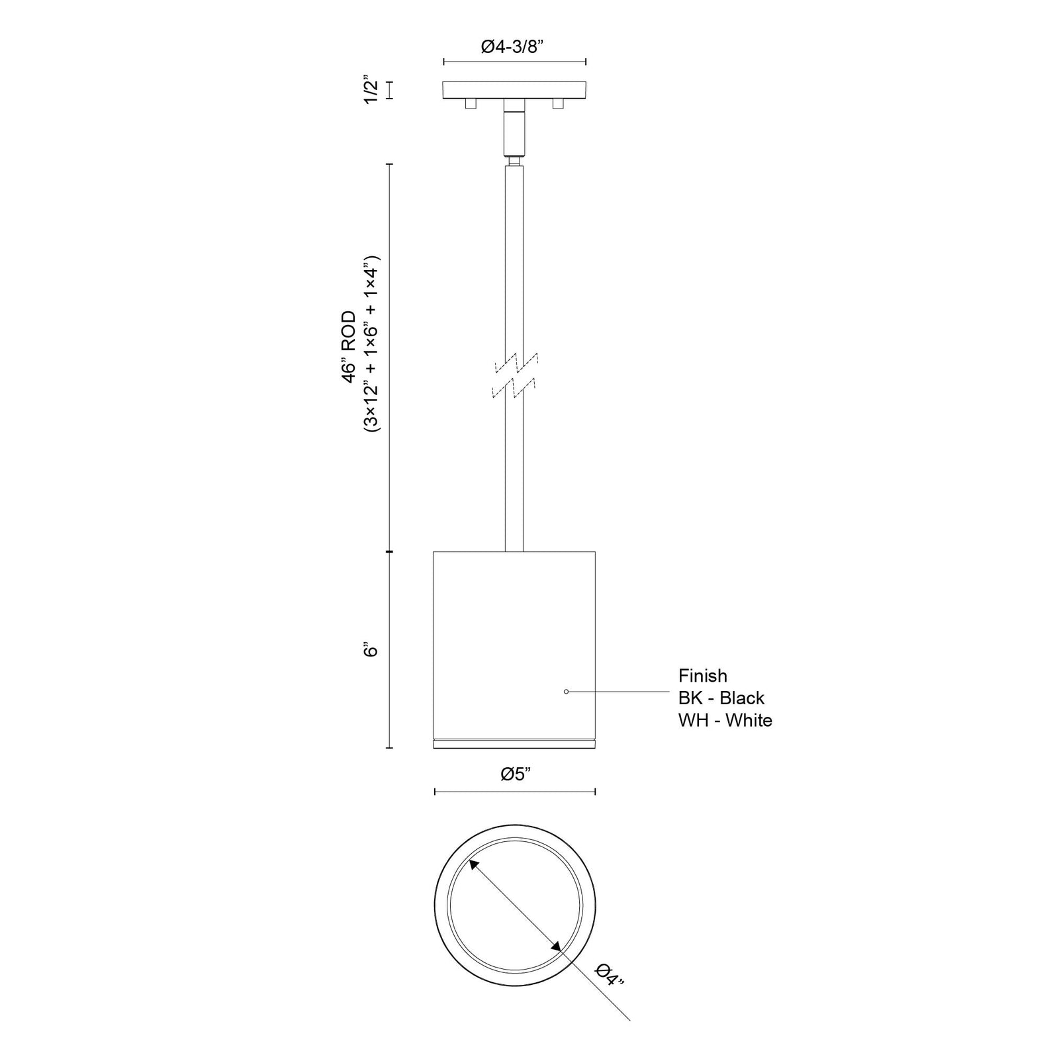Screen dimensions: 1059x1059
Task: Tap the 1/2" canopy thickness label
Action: click(371, 91)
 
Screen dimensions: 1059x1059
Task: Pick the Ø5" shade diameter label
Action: click(516, 774)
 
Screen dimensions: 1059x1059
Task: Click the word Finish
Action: click(703, 676)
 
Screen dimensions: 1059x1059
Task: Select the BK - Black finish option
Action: click(721, 698)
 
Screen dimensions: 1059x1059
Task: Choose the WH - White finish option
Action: click(725, 720)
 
